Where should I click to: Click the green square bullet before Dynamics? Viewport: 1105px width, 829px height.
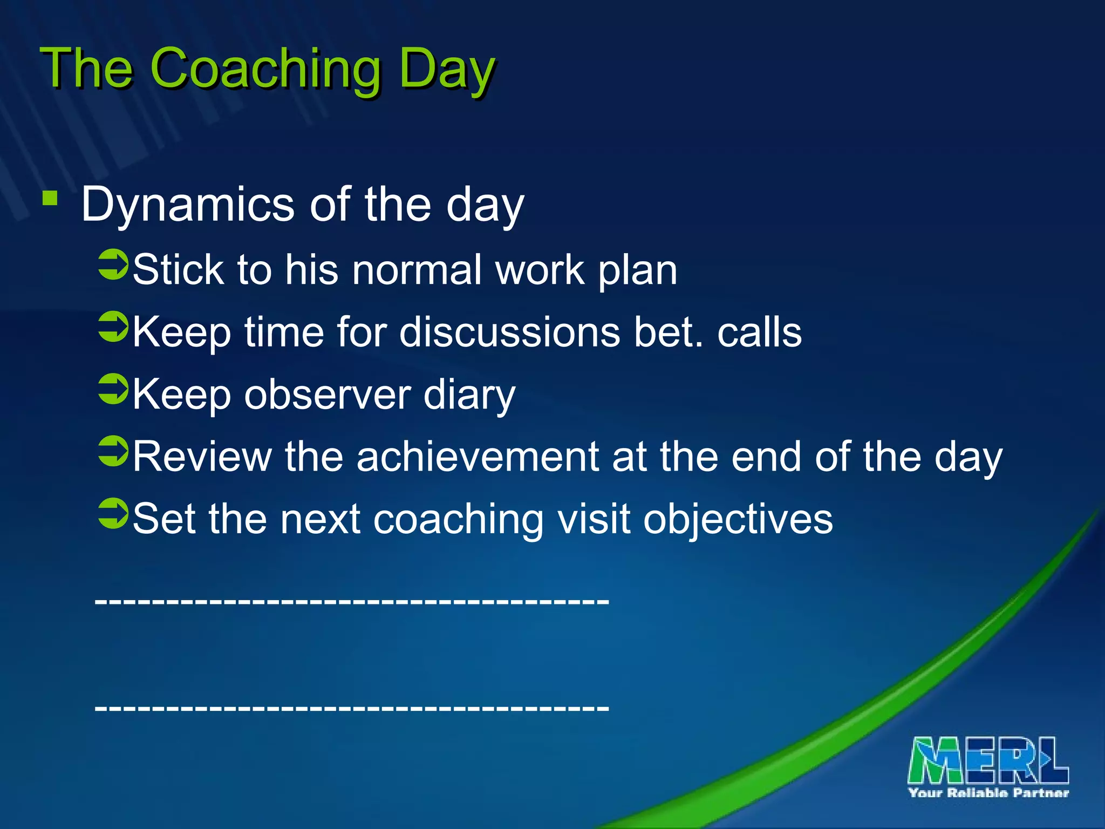50,198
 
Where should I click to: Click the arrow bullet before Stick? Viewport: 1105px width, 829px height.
113,264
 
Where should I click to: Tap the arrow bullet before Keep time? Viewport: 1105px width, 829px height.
113,327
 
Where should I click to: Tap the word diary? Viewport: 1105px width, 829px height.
469,396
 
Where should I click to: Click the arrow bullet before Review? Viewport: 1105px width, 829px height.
113,451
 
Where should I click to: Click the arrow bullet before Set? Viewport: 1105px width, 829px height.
113,513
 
